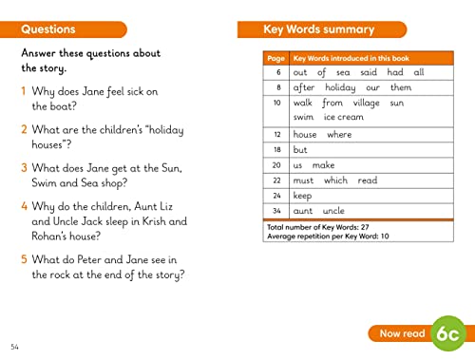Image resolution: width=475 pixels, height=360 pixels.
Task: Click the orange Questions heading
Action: [48, 30]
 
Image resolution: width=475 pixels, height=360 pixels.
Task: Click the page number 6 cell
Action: [277, 72]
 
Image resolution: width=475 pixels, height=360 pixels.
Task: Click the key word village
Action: [365, 102]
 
